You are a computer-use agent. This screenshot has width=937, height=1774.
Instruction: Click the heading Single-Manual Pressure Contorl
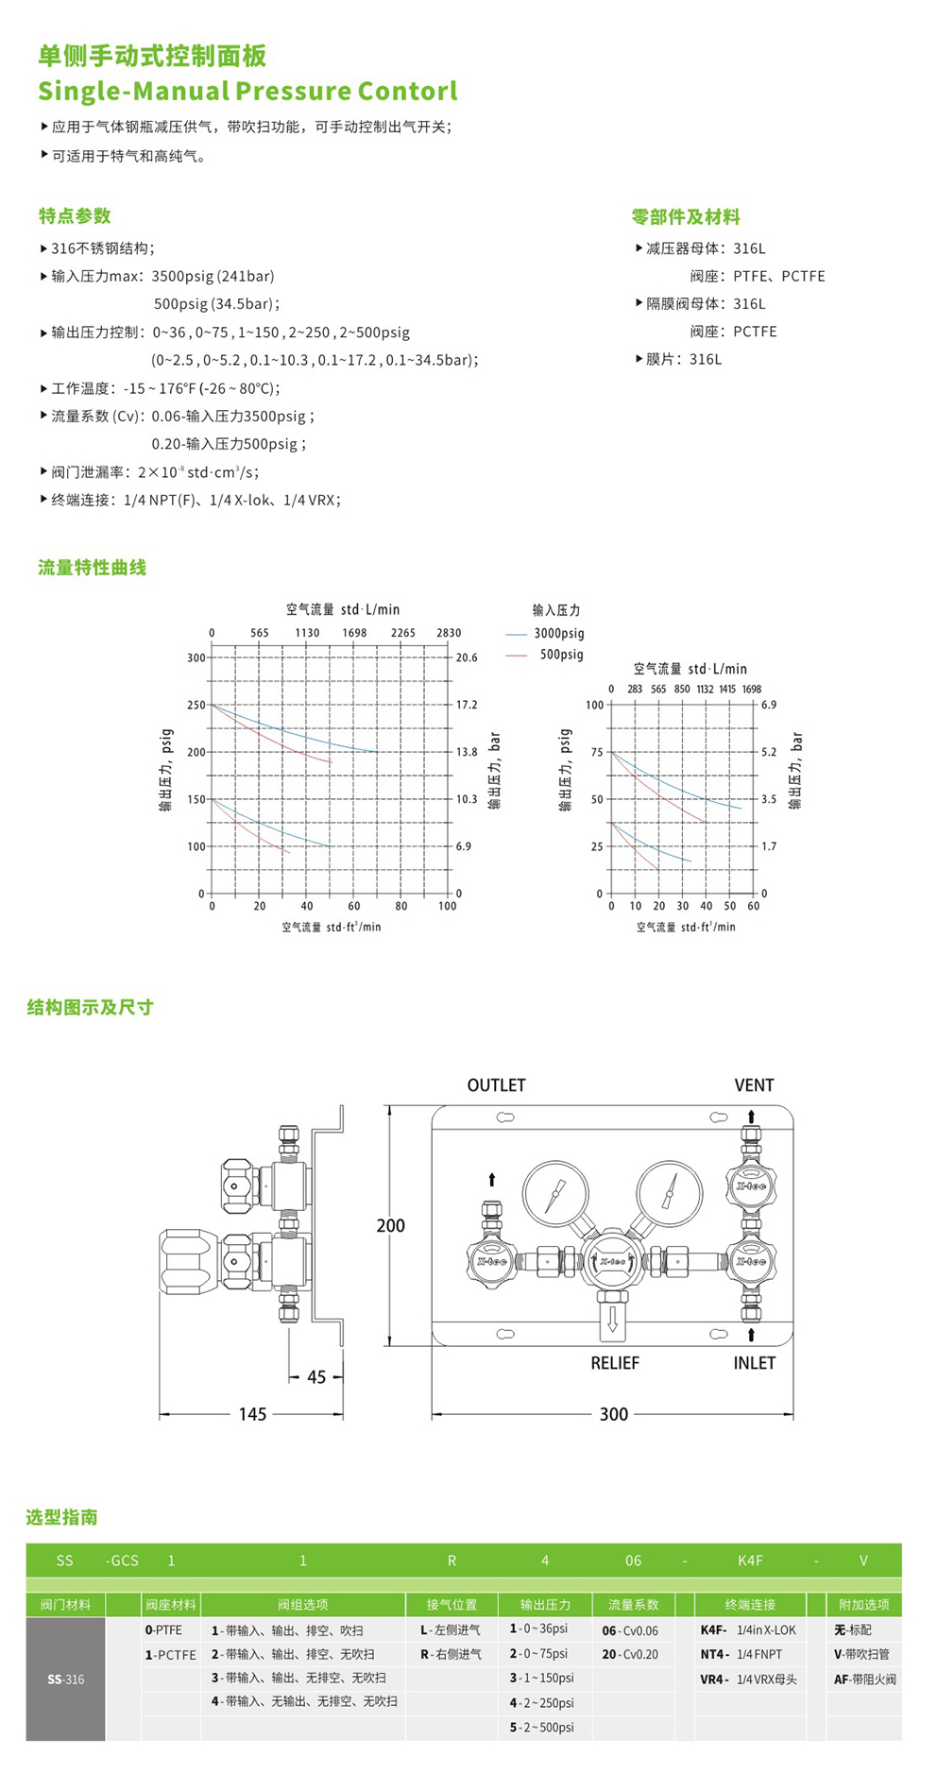click(247, 92)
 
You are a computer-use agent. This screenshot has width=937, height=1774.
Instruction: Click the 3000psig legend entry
click(558, 634)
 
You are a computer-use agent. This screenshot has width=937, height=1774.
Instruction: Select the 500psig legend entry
click(561, 655)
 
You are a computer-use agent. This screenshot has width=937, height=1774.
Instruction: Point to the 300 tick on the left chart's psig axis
click(196, 657)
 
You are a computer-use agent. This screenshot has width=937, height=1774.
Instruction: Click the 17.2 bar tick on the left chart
click(467, 705)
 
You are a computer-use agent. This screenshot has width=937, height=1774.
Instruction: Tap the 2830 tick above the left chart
click(449, 633)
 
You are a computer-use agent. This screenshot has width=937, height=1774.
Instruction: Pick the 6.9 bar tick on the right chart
click(769, 705)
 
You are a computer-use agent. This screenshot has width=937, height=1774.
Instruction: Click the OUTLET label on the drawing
click(496, 1085)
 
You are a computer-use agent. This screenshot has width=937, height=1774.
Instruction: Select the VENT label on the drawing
click(754, 1085)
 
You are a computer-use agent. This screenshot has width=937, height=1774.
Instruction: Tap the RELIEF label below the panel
click(615, 1363)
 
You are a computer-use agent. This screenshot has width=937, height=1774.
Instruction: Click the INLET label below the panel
click(754, 1363)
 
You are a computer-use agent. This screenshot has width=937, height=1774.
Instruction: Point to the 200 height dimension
click(390, 1226)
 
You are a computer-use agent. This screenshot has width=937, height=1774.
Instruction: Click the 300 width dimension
click(613, 1414)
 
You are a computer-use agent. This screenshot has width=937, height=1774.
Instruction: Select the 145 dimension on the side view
click(252, 1414)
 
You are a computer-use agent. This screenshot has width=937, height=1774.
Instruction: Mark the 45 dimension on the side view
click(316, 1377)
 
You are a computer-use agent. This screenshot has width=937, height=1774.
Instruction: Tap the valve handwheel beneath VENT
click(751, 1186)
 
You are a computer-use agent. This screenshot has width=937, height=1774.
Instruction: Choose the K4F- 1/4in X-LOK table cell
click(748, 1629)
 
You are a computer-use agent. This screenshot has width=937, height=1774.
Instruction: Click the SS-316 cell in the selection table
click(65, 1679)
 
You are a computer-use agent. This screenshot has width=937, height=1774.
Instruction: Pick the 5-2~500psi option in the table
click(542, 1727)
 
